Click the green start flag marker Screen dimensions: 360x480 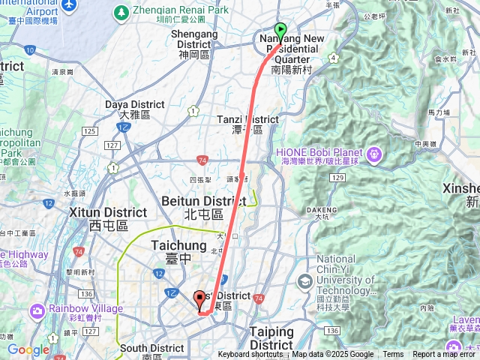coord(280,31)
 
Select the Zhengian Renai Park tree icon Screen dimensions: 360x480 coord(120,12)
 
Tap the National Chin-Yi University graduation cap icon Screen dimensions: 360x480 coord(304,281)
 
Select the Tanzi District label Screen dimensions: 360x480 coord(247,119)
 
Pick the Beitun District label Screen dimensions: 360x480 coord(203,201)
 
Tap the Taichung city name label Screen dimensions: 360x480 coord(178,245)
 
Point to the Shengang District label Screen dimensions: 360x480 coord(194,34)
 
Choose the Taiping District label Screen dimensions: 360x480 coord(271,331)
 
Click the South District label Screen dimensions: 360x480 coord(151,348)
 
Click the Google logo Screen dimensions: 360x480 coord(28,349)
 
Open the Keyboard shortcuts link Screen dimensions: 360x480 coord(250,355)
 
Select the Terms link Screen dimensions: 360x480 coord(393,355)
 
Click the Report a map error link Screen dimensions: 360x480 coord(445,355)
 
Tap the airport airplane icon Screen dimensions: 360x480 coord(70,4)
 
